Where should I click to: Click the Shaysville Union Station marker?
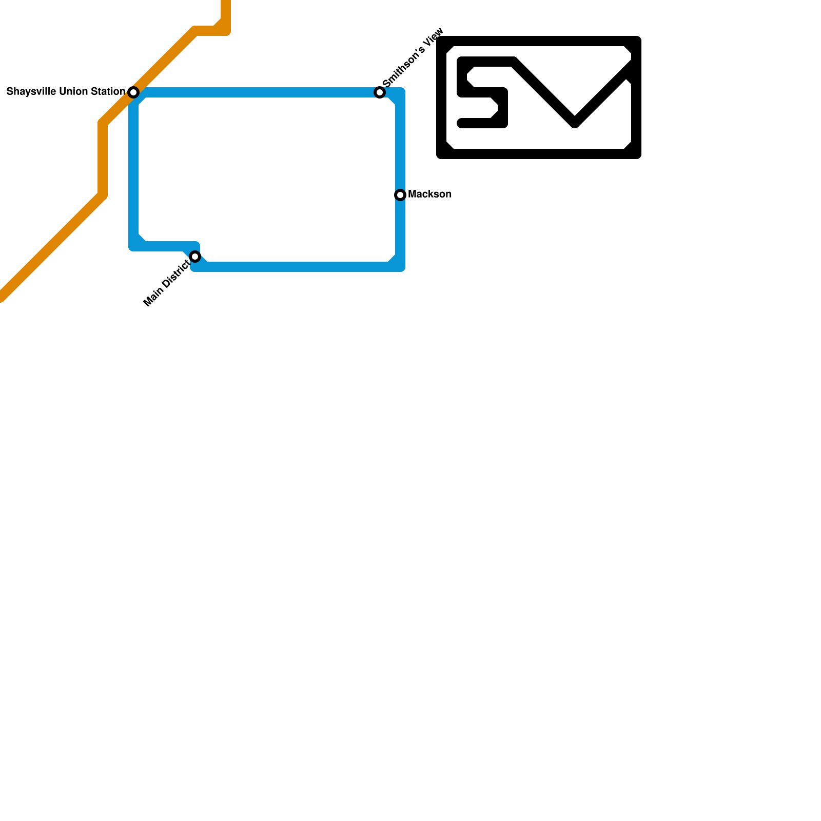point(133,92)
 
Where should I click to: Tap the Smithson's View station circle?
point(380,92)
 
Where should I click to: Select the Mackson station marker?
point(400,195)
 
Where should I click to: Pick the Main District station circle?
point(195,257)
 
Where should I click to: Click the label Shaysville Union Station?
point(66,92)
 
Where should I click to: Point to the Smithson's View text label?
point(413,57)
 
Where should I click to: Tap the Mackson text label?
point(429,194)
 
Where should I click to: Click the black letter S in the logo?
point(482,93)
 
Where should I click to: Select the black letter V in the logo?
point(575,97)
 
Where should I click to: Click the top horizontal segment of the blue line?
point(257,92)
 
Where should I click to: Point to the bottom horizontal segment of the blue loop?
point(298,267)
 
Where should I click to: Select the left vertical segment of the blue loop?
point(133,169)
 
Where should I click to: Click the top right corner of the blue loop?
point(400,93)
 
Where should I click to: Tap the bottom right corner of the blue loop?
point(400,266)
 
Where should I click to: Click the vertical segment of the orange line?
point(103,159)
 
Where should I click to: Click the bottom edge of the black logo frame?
point(539,154)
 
